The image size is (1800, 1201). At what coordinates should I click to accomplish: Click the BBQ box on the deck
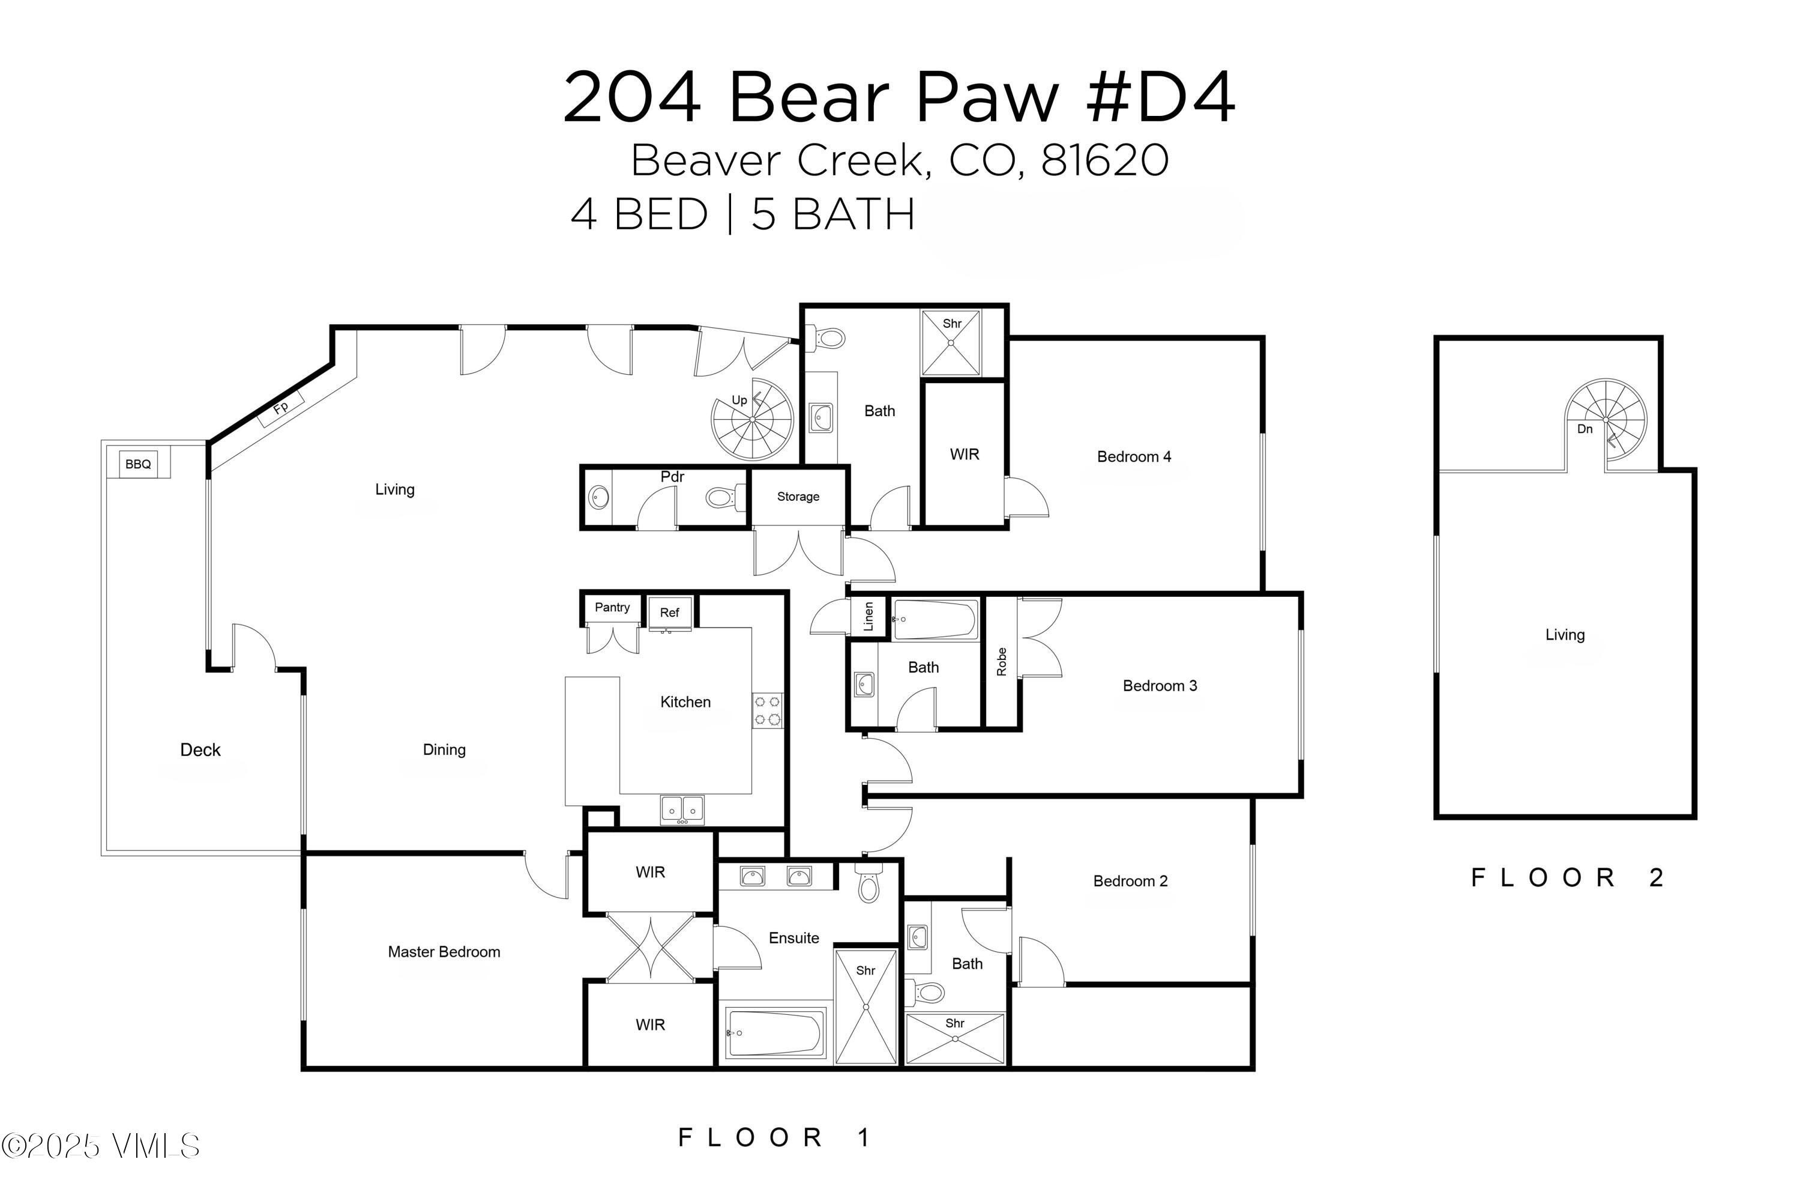point(138,464)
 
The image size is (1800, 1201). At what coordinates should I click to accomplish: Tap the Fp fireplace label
point(281,408)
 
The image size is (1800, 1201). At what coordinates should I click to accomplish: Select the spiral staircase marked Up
point(751,420)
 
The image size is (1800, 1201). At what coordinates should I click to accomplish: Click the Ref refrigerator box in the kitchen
point(670,613)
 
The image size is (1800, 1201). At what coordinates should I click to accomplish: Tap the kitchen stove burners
point(767,710)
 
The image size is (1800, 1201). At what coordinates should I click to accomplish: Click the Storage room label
point(798,497)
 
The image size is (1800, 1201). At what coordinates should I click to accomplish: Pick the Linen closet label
point(868,617)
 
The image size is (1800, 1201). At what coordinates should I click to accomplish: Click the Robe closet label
point(1002,662)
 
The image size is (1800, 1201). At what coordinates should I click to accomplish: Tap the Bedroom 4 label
point(1133,456)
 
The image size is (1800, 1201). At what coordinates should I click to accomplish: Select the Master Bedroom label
point(444,951)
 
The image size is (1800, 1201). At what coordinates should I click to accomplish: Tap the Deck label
point(200,750)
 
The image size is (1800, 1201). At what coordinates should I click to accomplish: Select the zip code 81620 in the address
point(1104,161)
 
